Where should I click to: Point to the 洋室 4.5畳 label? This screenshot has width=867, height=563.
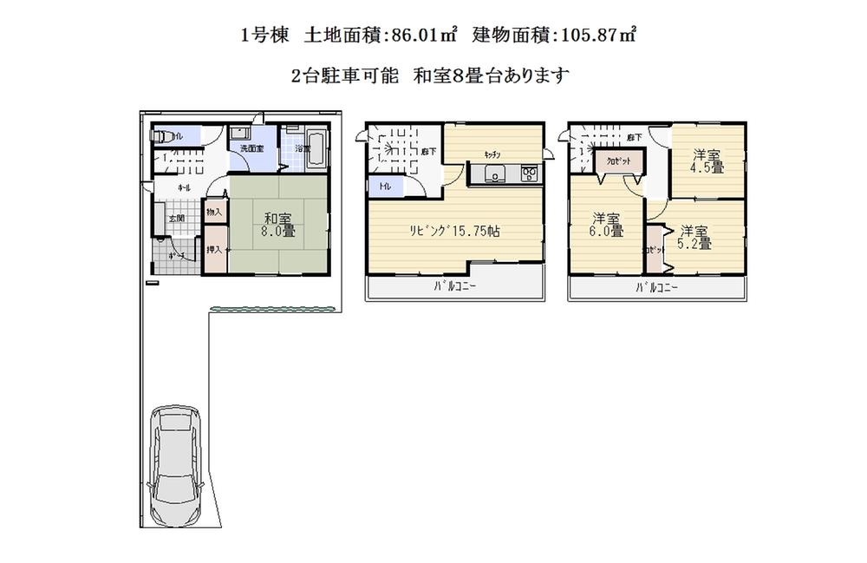pyautogui.click(x=707, y=161)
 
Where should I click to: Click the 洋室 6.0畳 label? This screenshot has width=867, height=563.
pyautogui.click(x=607, y=225)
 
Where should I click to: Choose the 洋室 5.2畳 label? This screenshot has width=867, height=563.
pyautogui.click(x=695, y=237)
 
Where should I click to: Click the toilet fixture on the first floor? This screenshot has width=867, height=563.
pyautogui.click(x=163, y=136)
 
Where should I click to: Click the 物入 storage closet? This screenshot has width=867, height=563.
pyautogui.click(x=214, y=211)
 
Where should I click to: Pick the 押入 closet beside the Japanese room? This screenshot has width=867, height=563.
pyautogui.click(x=214, y=250)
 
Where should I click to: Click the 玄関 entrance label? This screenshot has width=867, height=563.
pyautogui.click(x=175, y=218)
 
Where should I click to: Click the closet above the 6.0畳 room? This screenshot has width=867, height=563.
pyautogui.click(x=619, y=161)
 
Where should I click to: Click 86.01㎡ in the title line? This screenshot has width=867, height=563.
pyautogui.click(x=424, y=36)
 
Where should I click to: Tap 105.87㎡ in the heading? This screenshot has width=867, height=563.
pyautogui.click(x=597, y=36)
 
